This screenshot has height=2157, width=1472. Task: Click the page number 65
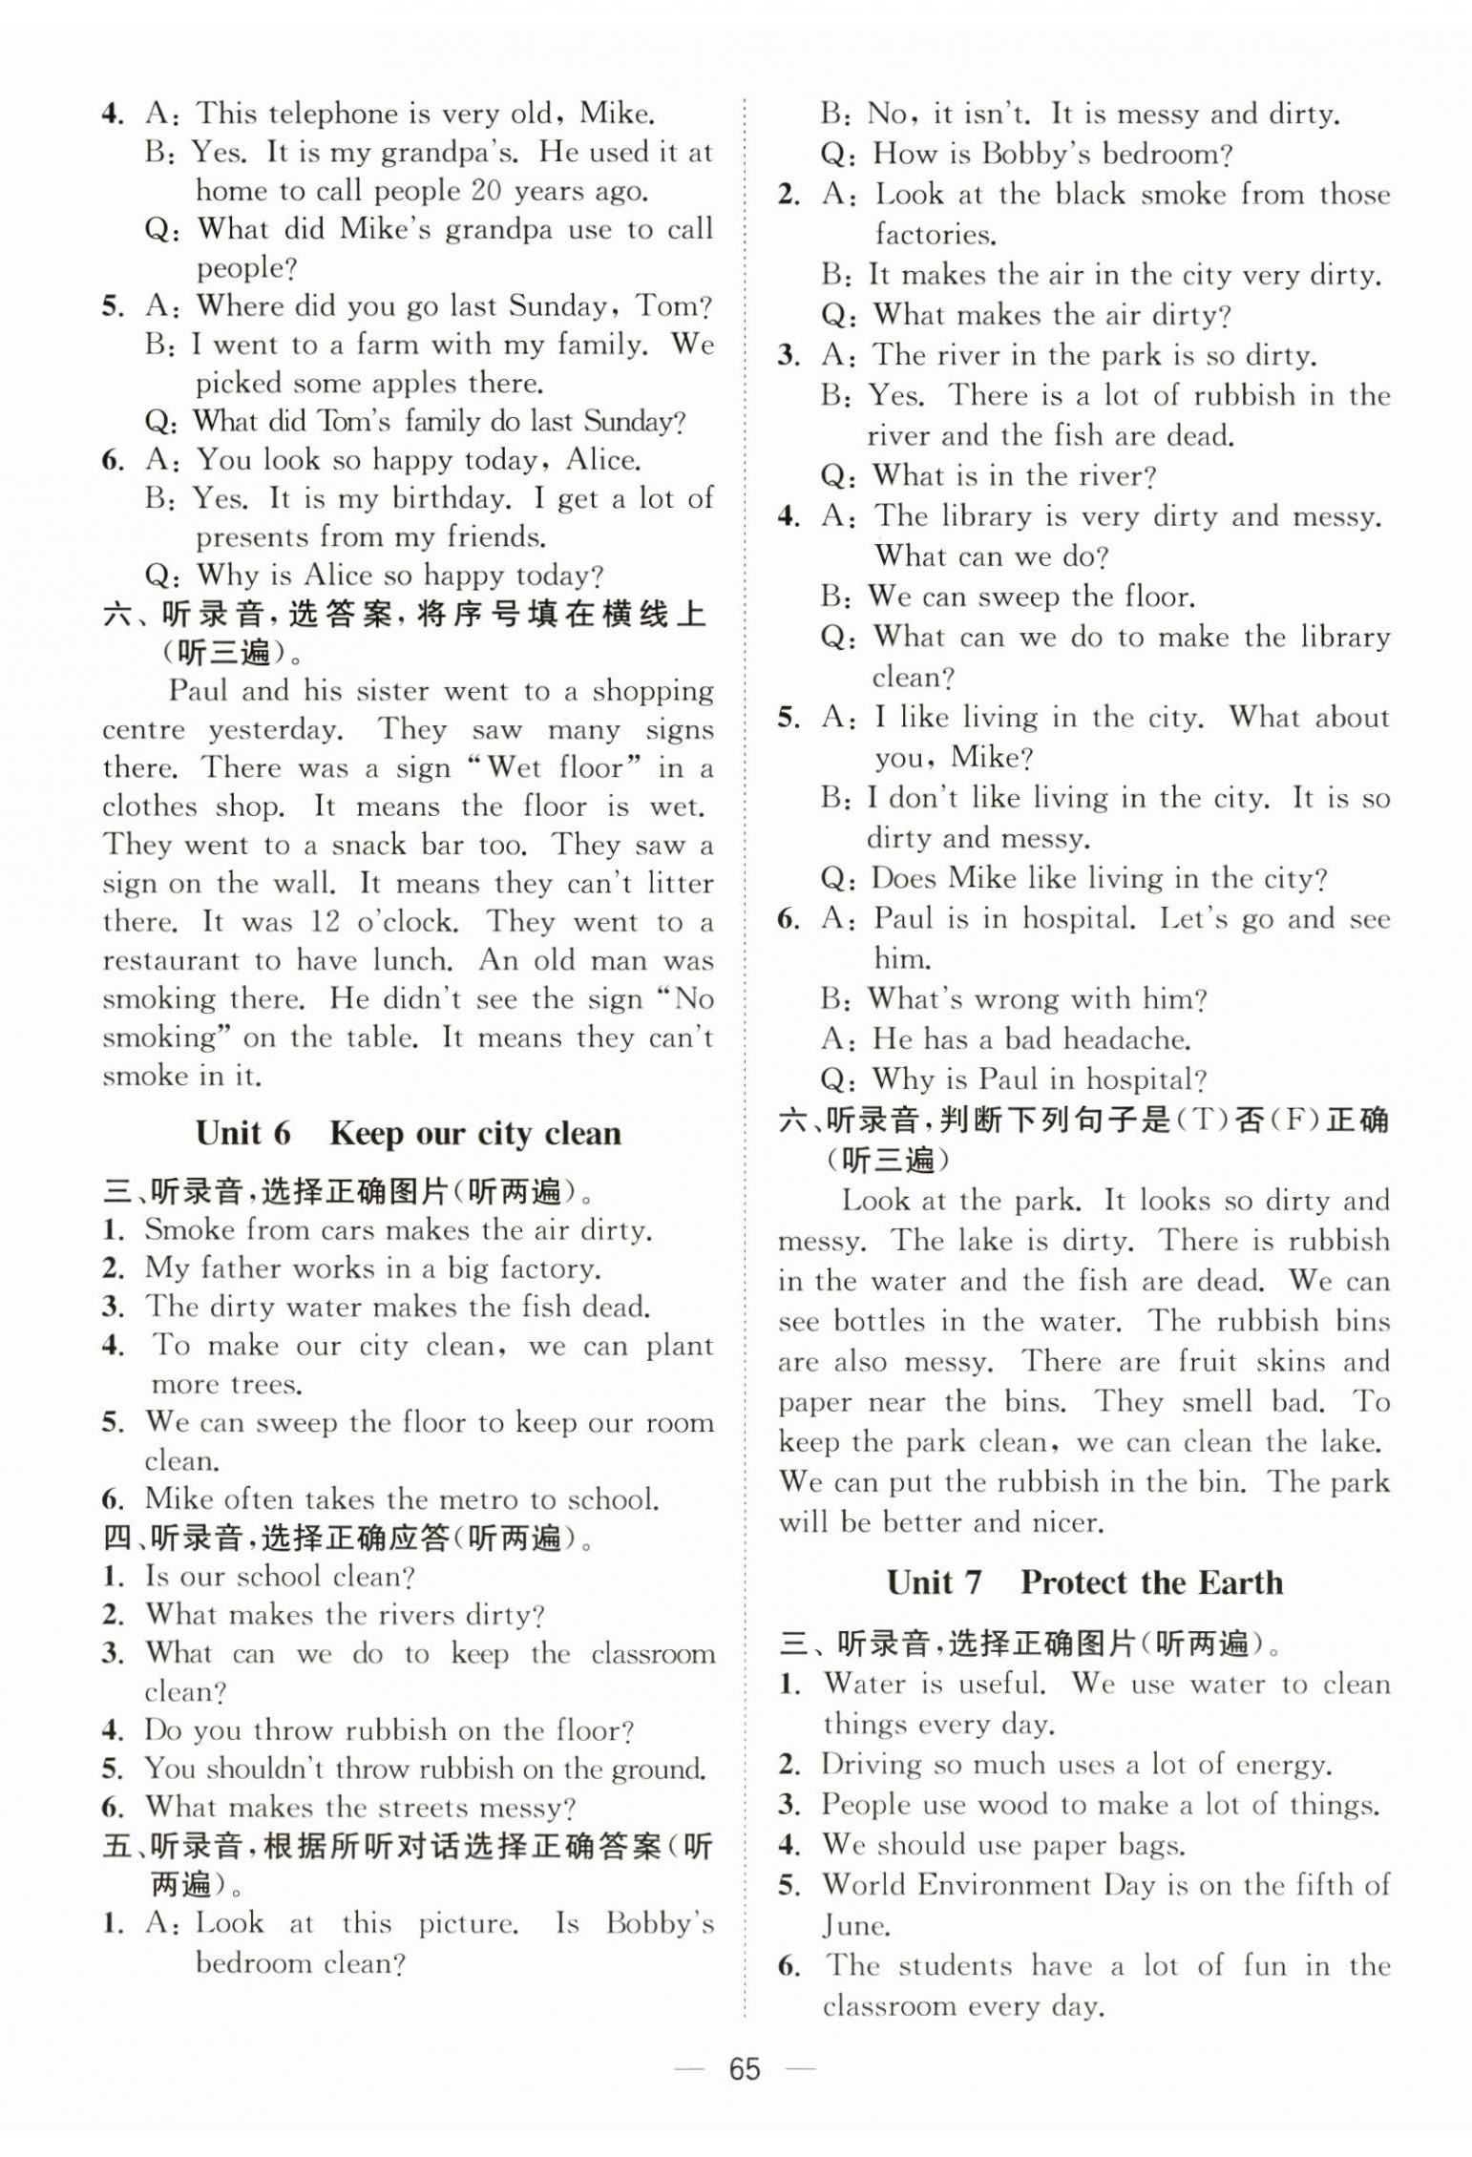click(x=744, y=2069)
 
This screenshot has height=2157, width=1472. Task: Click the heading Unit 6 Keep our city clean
click(x=409, y=1134)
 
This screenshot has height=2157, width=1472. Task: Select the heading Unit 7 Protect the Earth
click(x=1084, y=1582)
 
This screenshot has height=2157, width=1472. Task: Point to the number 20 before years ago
click(x=486, y=191)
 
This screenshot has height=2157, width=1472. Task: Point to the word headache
click(x=1126, y=1039)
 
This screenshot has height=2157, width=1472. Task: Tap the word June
click(x=855, y=1925)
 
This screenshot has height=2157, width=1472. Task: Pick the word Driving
click(x=871, y=1765)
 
